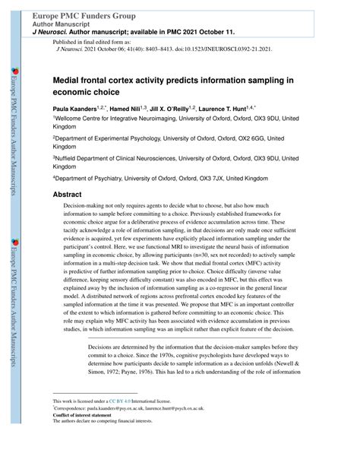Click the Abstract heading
click(67, 195)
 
